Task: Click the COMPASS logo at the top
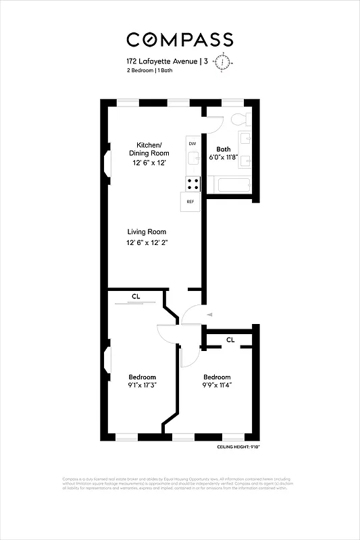click(180, 39)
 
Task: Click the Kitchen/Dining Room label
click(149, 149)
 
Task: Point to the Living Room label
click(147, 232)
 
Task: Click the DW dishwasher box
click(192, 144)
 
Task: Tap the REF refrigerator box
click(190, 202)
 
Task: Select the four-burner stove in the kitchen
click(192, 183)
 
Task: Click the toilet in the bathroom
click(238, 119)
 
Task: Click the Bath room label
click(223, 149)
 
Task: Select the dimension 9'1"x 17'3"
click(143, 386)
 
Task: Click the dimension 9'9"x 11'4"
click(217, 386)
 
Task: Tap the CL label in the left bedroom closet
click(136, 296)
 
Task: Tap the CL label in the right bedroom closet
click(230, 340)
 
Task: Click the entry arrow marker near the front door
click(211, 315)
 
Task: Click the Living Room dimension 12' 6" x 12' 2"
click(147, 243)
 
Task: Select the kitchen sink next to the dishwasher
click(192, 159)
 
